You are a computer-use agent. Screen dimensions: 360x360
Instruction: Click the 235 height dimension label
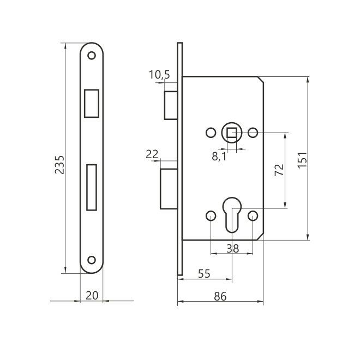click(x=59, y=164)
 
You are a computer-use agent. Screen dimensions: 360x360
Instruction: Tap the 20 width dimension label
click(x=92, y=296)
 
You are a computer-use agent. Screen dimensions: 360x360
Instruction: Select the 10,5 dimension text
click(x=159, y=75)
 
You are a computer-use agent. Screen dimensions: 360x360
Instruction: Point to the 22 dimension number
click(x=152, y=154)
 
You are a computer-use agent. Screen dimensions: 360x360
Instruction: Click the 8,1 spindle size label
click(x=219, y=157)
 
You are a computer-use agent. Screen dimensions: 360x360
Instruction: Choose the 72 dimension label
click(x=279, y=170)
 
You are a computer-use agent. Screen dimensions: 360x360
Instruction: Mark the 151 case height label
click(x=302, y=160)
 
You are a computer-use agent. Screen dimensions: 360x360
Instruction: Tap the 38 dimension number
click(x=232, y=248)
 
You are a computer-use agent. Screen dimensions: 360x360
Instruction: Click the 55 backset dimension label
click(x=204, y=274)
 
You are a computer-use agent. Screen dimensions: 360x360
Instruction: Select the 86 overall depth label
click(x=220, y=296)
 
